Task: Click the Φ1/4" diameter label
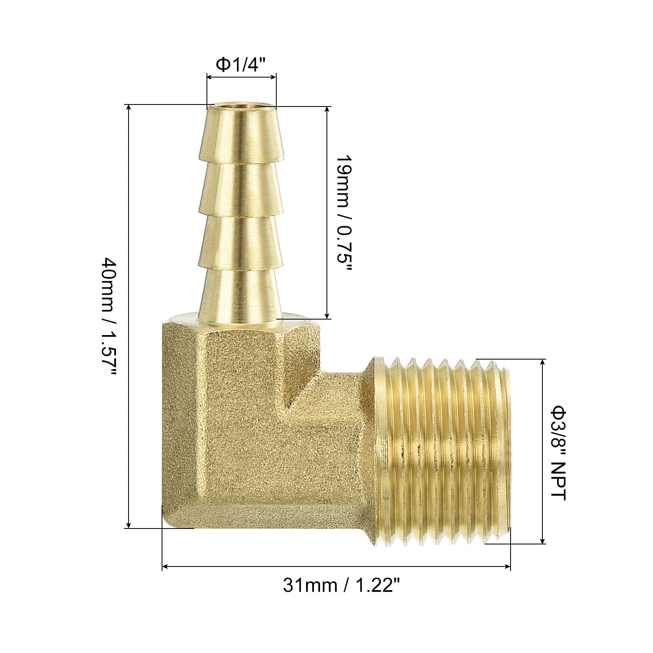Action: click(242, 64)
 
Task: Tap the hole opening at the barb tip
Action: click(242, 108)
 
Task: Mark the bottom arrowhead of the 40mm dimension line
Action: click(129, 524)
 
